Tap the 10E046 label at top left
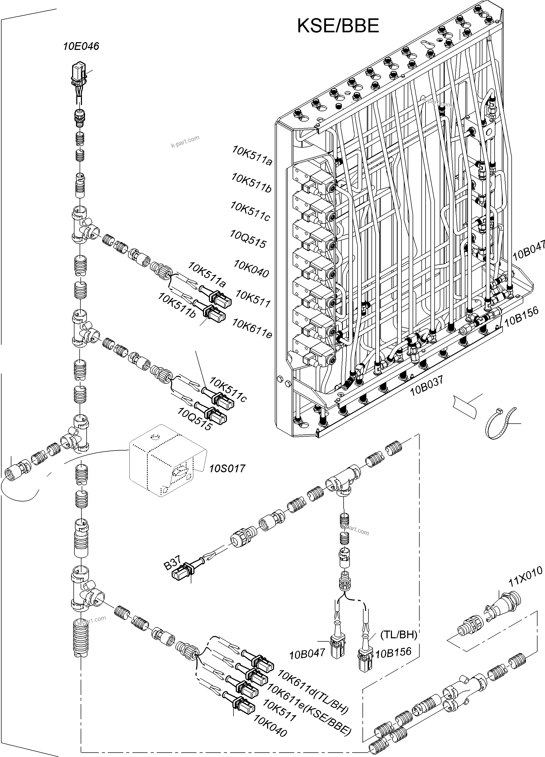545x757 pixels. (x=81, y=46)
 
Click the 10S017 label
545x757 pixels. (x=227, y=468)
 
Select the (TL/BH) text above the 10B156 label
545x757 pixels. (x=399, y=635)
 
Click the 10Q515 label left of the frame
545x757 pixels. (x=248, y=239)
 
